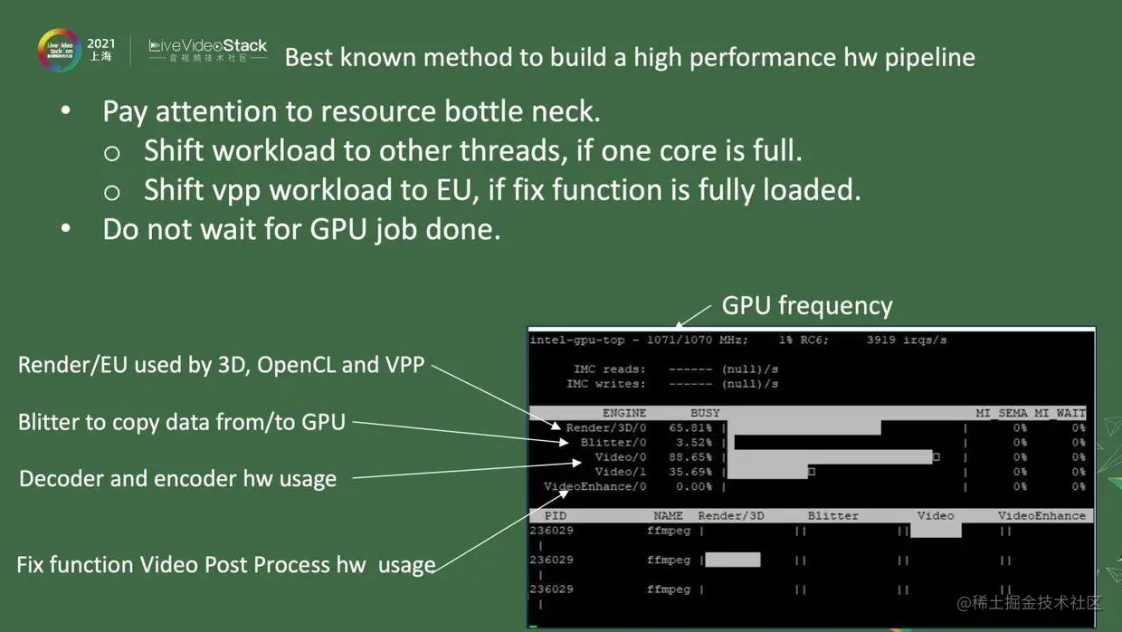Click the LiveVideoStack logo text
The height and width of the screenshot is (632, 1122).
click(x=208, y=45)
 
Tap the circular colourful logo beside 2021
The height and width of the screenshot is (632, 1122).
click(x=58, y=49)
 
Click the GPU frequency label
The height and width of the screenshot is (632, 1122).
click(x=806, y=306)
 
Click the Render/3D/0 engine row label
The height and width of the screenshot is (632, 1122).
click(x=606, y=427)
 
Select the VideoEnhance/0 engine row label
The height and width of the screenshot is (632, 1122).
click(x=595, y=486)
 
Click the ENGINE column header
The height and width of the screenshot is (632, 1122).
click(x=624, y=413)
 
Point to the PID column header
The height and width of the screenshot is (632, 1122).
click(x=555, y=515)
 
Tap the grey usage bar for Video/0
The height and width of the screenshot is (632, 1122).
click(x=830, y=457)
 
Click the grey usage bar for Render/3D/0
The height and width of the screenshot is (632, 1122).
click(x=803, y=427)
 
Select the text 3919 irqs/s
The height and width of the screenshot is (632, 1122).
click(x=907, y=340)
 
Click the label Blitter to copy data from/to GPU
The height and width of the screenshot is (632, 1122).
click(x=182, y=422)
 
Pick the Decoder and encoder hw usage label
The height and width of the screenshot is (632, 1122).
click(x=177, y=479)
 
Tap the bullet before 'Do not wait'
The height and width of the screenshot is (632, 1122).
click(x=65, y=228)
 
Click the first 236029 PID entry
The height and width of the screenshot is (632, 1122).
click(x=551, y=531)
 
